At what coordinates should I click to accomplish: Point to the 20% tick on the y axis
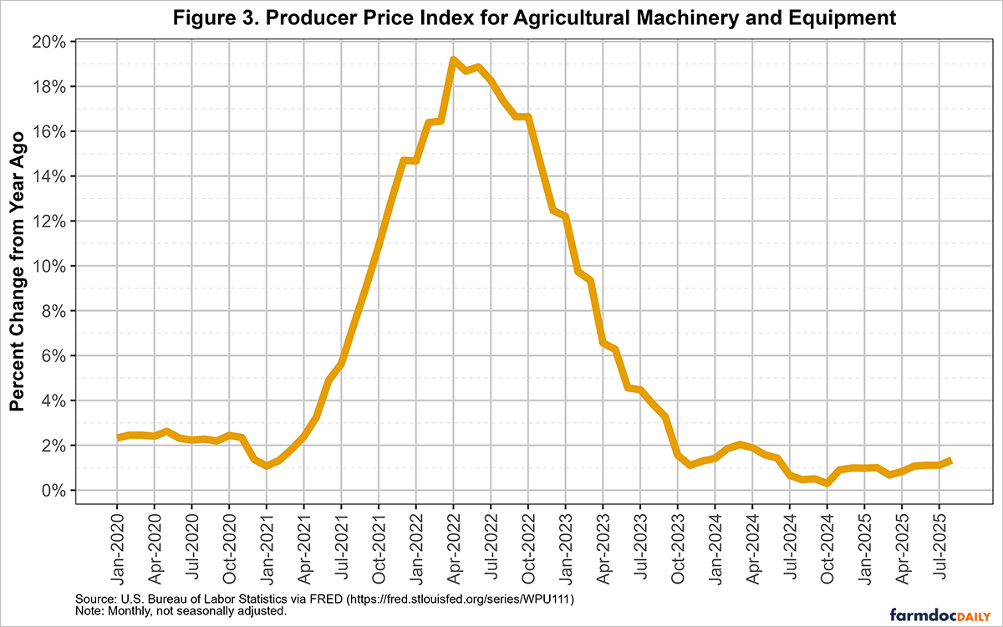(51, 42)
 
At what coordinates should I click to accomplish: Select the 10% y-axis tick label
(51, 266)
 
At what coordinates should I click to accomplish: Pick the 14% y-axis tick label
(51, 176)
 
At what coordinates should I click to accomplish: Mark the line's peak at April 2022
(453, 59)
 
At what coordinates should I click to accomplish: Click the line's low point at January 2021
(266, 466)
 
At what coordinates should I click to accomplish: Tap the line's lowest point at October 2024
(827, 483)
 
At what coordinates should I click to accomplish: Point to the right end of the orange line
(950, 461)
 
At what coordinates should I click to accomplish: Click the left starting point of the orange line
(118, 437)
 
